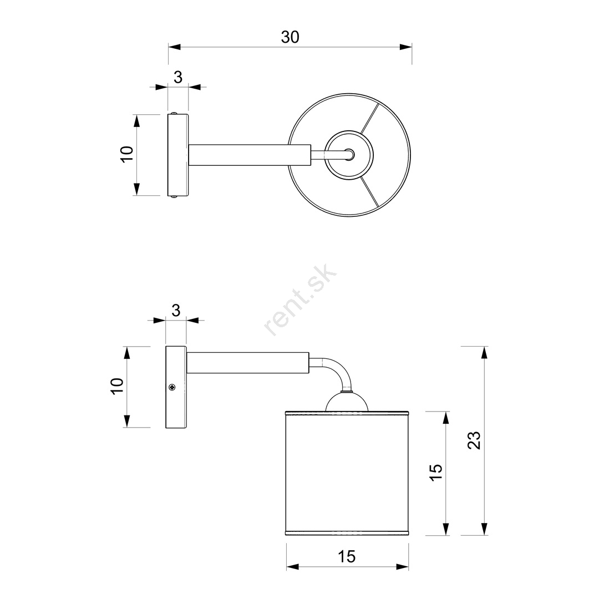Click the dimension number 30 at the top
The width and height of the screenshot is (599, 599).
290,37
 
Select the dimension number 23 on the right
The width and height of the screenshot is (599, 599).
474,440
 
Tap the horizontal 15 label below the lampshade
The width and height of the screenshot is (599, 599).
347,557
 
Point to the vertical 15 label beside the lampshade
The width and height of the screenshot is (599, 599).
436,473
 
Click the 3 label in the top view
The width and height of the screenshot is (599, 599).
178,78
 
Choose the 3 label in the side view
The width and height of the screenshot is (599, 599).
176,311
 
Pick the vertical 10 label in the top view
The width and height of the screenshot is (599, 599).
127,154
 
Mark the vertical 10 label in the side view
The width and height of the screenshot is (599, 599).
117,386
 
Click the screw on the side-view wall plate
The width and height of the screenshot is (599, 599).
172,387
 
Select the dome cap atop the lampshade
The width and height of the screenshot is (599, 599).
347,401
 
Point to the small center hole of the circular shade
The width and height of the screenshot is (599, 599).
349,154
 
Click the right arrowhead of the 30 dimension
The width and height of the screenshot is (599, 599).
405,47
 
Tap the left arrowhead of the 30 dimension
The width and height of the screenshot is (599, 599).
174,47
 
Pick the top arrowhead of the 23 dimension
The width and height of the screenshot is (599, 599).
484,353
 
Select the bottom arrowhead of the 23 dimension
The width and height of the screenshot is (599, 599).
484,529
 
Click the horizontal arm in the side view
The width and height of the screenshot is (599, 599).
247,363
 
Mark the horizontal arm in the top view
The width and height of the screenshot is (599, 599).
250,155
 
